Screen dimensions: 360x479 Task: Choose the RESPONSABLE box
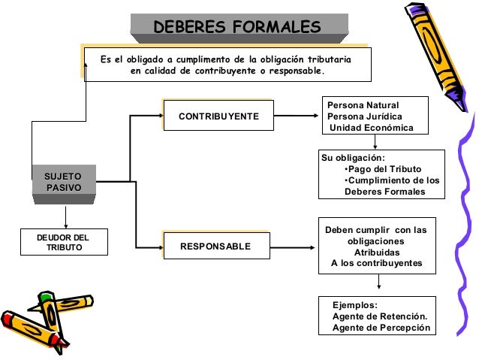pos(216,247)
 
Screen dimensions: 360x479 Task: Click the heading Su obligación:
pos(353,158)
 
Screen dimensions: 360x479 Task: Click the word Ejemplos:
pos(354,305)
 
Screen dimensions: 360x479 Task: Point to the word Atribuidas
pos(376,253)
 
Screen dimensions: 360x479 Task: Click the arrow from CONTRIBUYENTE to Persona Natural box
pos(297,116)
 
